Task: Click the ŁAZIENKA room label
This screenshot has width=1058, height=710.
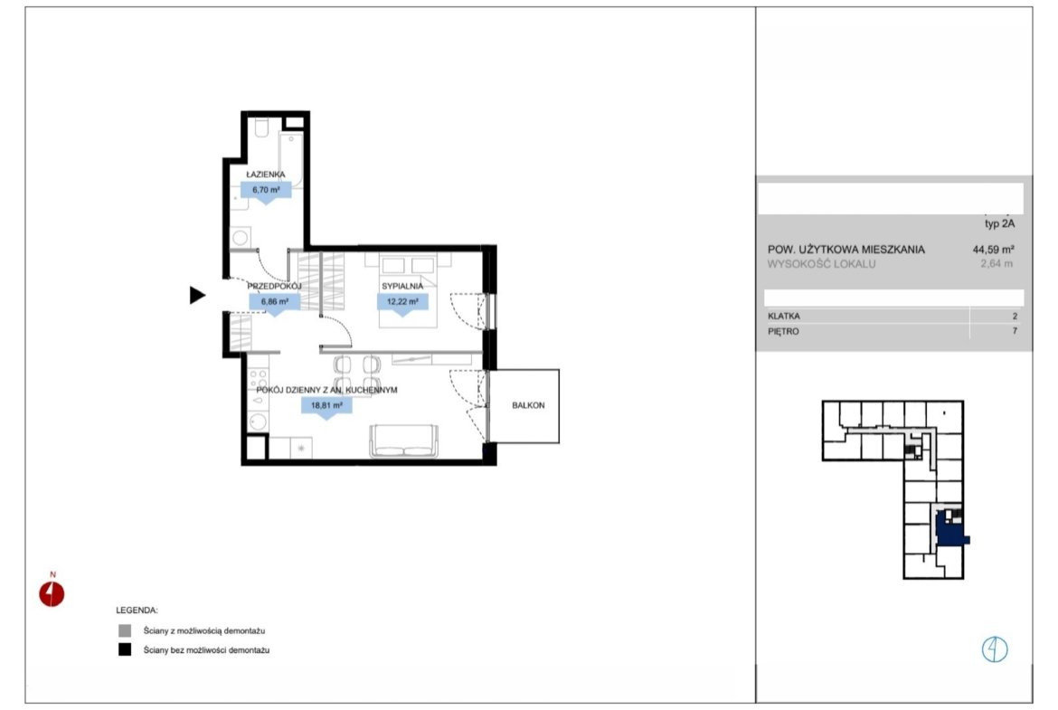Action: point(265,175)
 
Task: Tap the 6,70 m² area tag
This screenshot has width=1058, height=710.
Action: point(266,190)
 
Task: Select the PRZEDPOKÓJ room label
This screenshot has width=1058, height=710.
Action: point(274,286)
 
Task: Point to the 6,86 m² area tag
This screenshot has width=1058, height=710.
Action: point(275,302)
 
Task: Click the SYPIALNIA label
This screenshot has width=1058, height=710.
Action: point(402,286)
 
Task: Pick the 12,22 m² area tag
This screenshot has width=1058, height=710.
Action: point(402,302)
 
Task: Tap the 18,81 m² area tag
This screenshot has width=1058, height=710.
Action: point(326,405)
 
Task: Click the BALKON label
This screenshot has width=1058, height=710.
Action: point(528,405)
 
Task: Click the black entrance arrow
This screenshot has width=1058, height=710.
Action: point(197,295)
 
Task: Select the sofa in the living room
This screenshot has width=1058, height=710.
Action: point(403,440)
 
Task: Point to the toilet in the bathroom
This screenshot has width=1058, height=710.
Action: point(262,128)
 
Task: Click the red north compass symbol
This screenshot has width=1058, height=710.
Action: point(52,594)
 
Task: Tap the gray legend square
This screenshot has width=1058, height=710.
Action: point(125,630)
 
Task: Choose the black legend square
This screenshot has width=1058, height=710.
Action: point(125,650)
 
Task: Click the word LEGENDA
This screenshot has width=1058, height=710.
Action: point(137,611)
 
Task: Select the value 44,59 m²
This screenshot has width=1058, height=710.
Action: point(993,250)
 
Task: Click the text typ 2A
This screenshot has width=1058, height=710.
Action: point(999,224)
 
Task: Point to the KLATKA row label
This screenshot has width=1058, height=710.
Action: point(784,316)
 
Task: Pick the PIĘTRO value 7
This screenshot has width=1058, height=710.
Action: point(1014,331)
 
